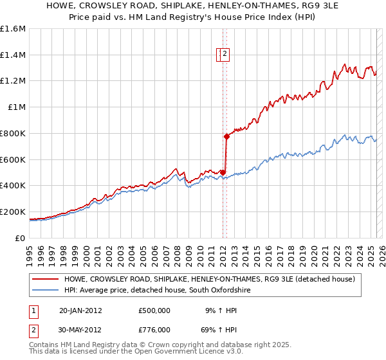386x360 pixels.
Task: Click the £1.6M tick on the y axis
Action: (13, 29)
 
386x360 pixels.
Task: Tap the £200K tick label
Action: (13, 212)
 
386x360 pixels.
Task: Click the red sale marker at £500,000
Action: (223, 172)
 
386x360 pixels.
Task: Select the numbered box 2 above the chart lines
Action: (225, 55)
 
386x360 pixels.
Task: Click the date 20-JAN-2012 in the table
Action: (80, 310)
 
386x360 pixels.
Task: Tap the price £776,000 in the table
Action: (154, 329)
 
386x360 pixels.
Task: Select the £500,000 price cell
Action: (154, 310)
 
